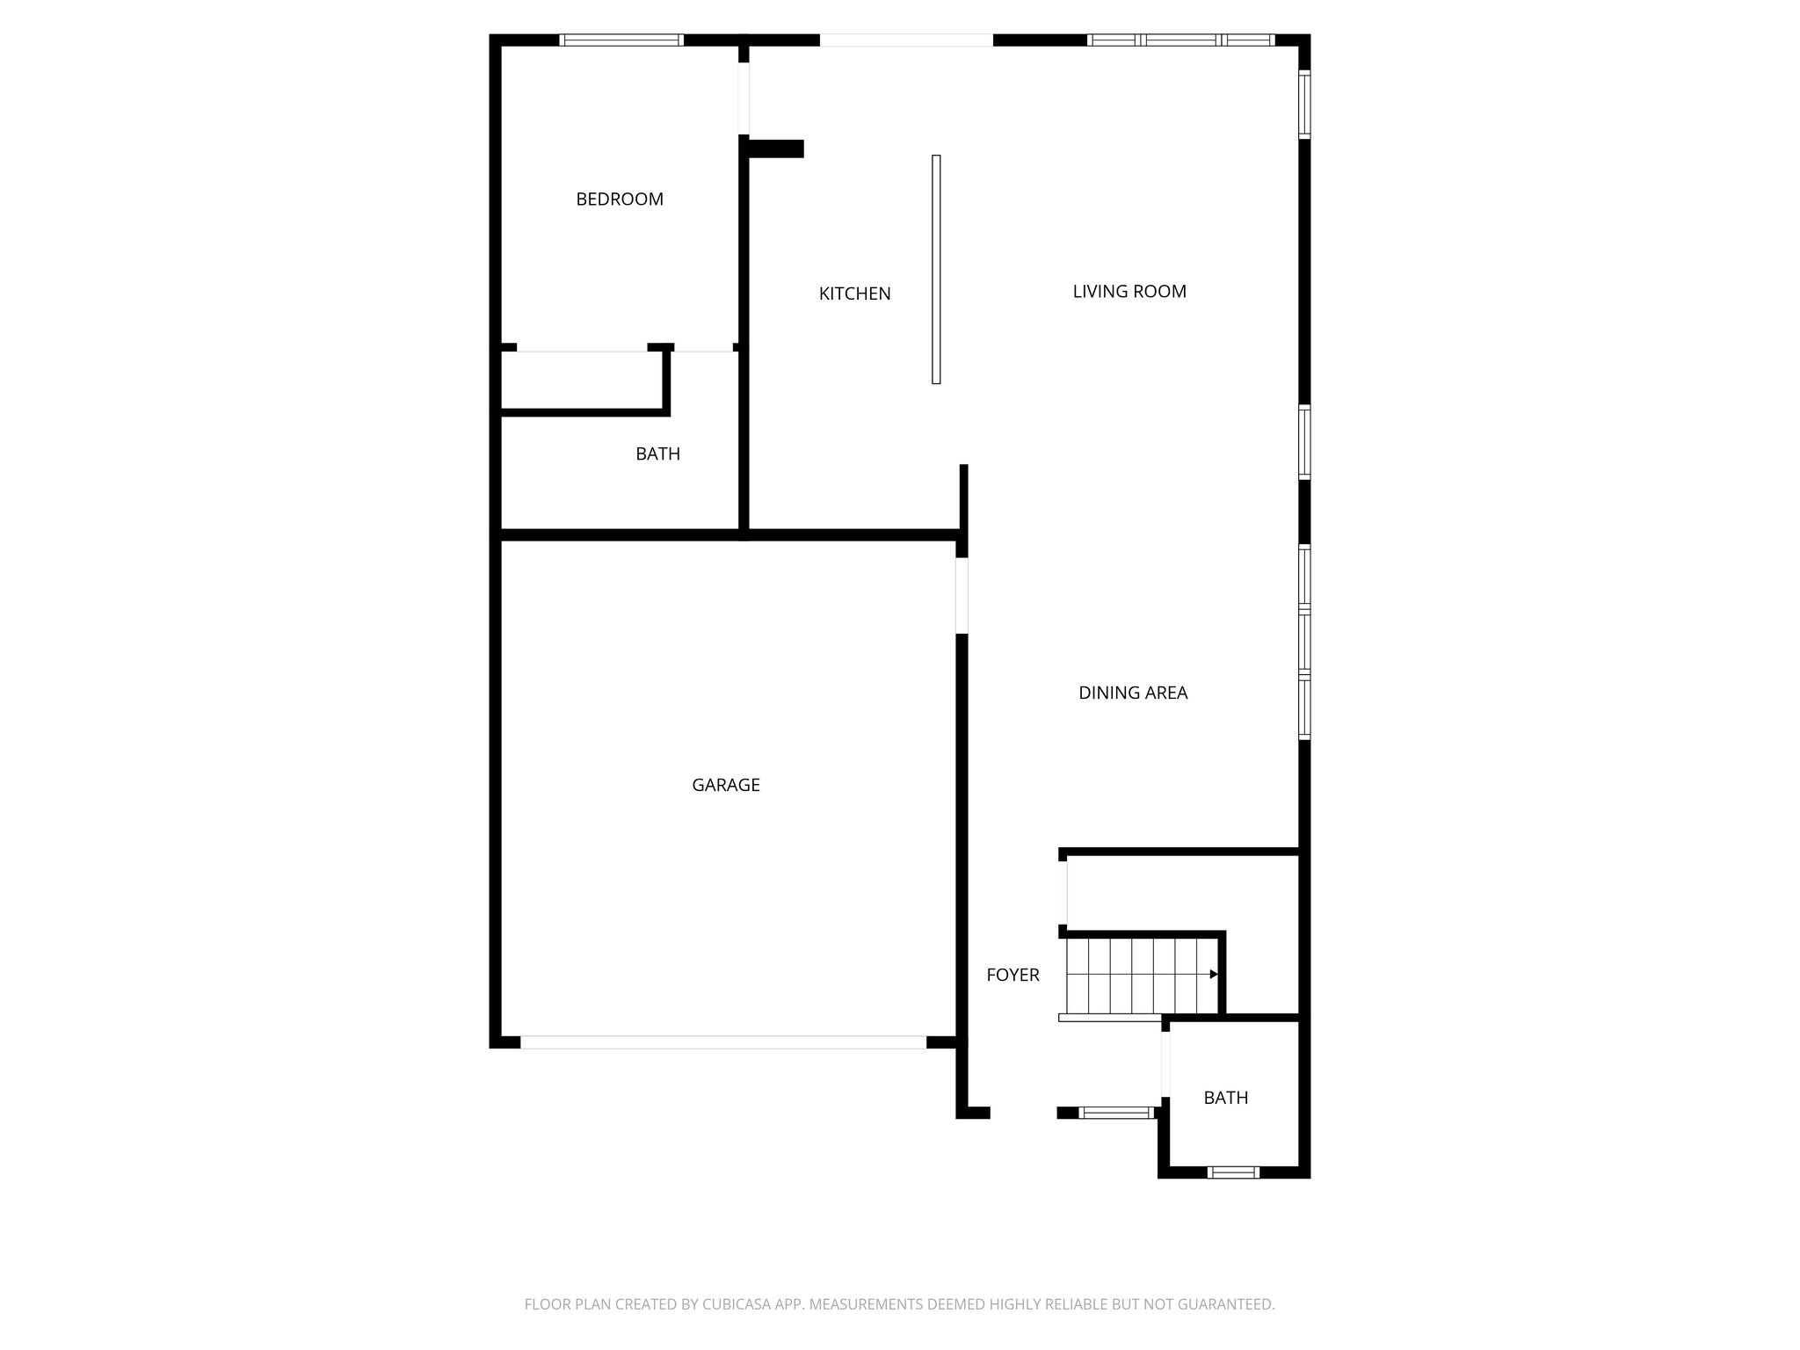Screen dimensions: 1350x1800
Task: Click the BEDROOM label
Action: coord(620,200)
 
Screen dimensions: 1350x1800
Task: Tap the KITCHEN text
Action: coord(854,294)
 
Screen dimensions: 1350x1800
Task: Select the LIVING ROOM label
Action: coord(1129,292)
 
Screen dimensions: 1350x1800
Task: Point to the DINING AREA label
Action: coord(1133,693)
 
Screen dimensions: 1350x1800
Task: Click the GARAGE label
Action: coord(726,785)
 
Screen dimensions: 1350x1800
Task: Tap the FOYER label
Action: coord(1012,975)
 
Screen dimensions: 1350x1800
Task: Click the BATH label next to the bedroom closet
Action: coord(657,454)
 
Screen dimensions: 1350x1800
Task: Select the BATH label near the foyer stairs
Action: coord(1225,1098)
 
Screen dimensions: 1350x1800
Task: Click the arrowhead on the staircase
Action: coord(1213,974)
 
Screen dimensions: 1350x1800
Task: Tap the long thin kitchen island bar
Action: coord(936,269)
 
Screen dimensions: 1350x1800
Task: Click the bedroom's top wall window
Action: coord(621,40)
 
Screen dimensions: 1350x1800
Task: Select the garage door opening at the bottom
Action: coord(723,1042)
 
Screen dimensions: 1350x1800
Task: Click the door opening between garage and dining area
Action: coord(962,595)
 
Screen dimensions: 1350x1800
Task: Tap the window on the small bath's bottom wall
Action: coord(1232,1172)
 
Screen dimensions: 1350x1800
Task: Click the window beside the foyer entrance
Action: coord(1115,1113)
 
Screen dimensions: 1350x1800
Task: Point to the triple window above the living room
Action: coord(1180,40)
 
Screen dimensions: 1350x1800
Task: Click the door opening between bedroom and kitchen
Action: coord(744,98)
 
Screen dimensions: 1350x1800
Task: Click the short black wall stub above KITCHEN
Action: coord(775,149)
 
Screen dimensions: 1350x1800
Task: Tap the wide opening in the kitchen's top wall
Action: coord(906,40)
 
